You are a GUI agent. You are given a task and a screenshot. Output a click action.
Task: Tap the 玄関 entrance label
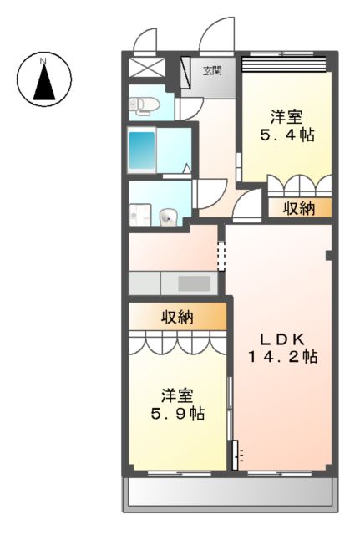point(213,71)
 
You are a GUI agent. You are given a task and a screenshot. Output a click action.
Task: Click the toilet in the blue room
point(144,104)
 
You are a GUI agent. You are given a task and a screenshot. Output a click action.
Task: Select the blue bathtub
point(141,150)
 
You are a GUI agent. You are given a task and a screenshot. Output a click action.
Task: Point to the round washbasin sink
point(169,217)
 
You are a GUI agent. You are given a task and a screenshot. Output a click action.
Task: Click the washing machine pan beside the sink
point(140,215)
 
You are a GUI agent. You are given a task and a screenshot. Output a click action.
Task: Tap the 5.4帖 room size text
point(287,135)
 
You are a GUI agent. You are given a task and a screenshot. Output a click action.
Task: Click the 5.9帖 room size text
point(178,414)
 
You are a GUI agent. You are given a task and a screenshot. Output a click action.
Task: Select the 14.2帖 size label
point(282,357)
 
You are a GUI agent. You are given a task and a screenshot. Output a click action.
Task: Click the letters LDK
point(282,339)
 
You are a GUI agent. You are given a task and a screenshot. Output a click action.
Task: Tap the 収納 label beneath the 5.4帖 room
point(299,208)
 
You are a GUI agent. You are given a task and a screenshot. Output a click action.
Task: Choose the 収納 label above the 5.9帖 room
point(177,317)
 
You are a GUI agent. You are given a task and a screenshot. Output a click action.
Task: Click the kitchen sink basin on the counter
point(194,283)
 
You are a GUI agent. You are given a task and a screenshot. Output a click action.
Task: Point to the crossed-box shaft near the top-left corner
point(147,67)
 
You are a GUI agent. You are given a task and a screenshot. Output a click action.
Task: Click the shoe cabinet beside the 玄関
point(185,71)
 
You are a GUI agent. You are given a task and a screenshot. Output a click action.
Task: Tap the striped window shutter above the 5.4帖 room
point(284,64)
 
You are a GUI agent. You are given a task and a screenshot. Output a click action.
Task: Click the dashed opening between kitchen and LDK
point(221,256)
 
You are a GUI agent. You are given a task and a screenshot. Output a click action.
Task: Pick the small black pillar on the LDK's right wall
point(329,255)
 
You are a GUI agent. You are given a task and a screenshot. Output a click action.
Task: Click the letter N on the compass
point(43,61)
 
